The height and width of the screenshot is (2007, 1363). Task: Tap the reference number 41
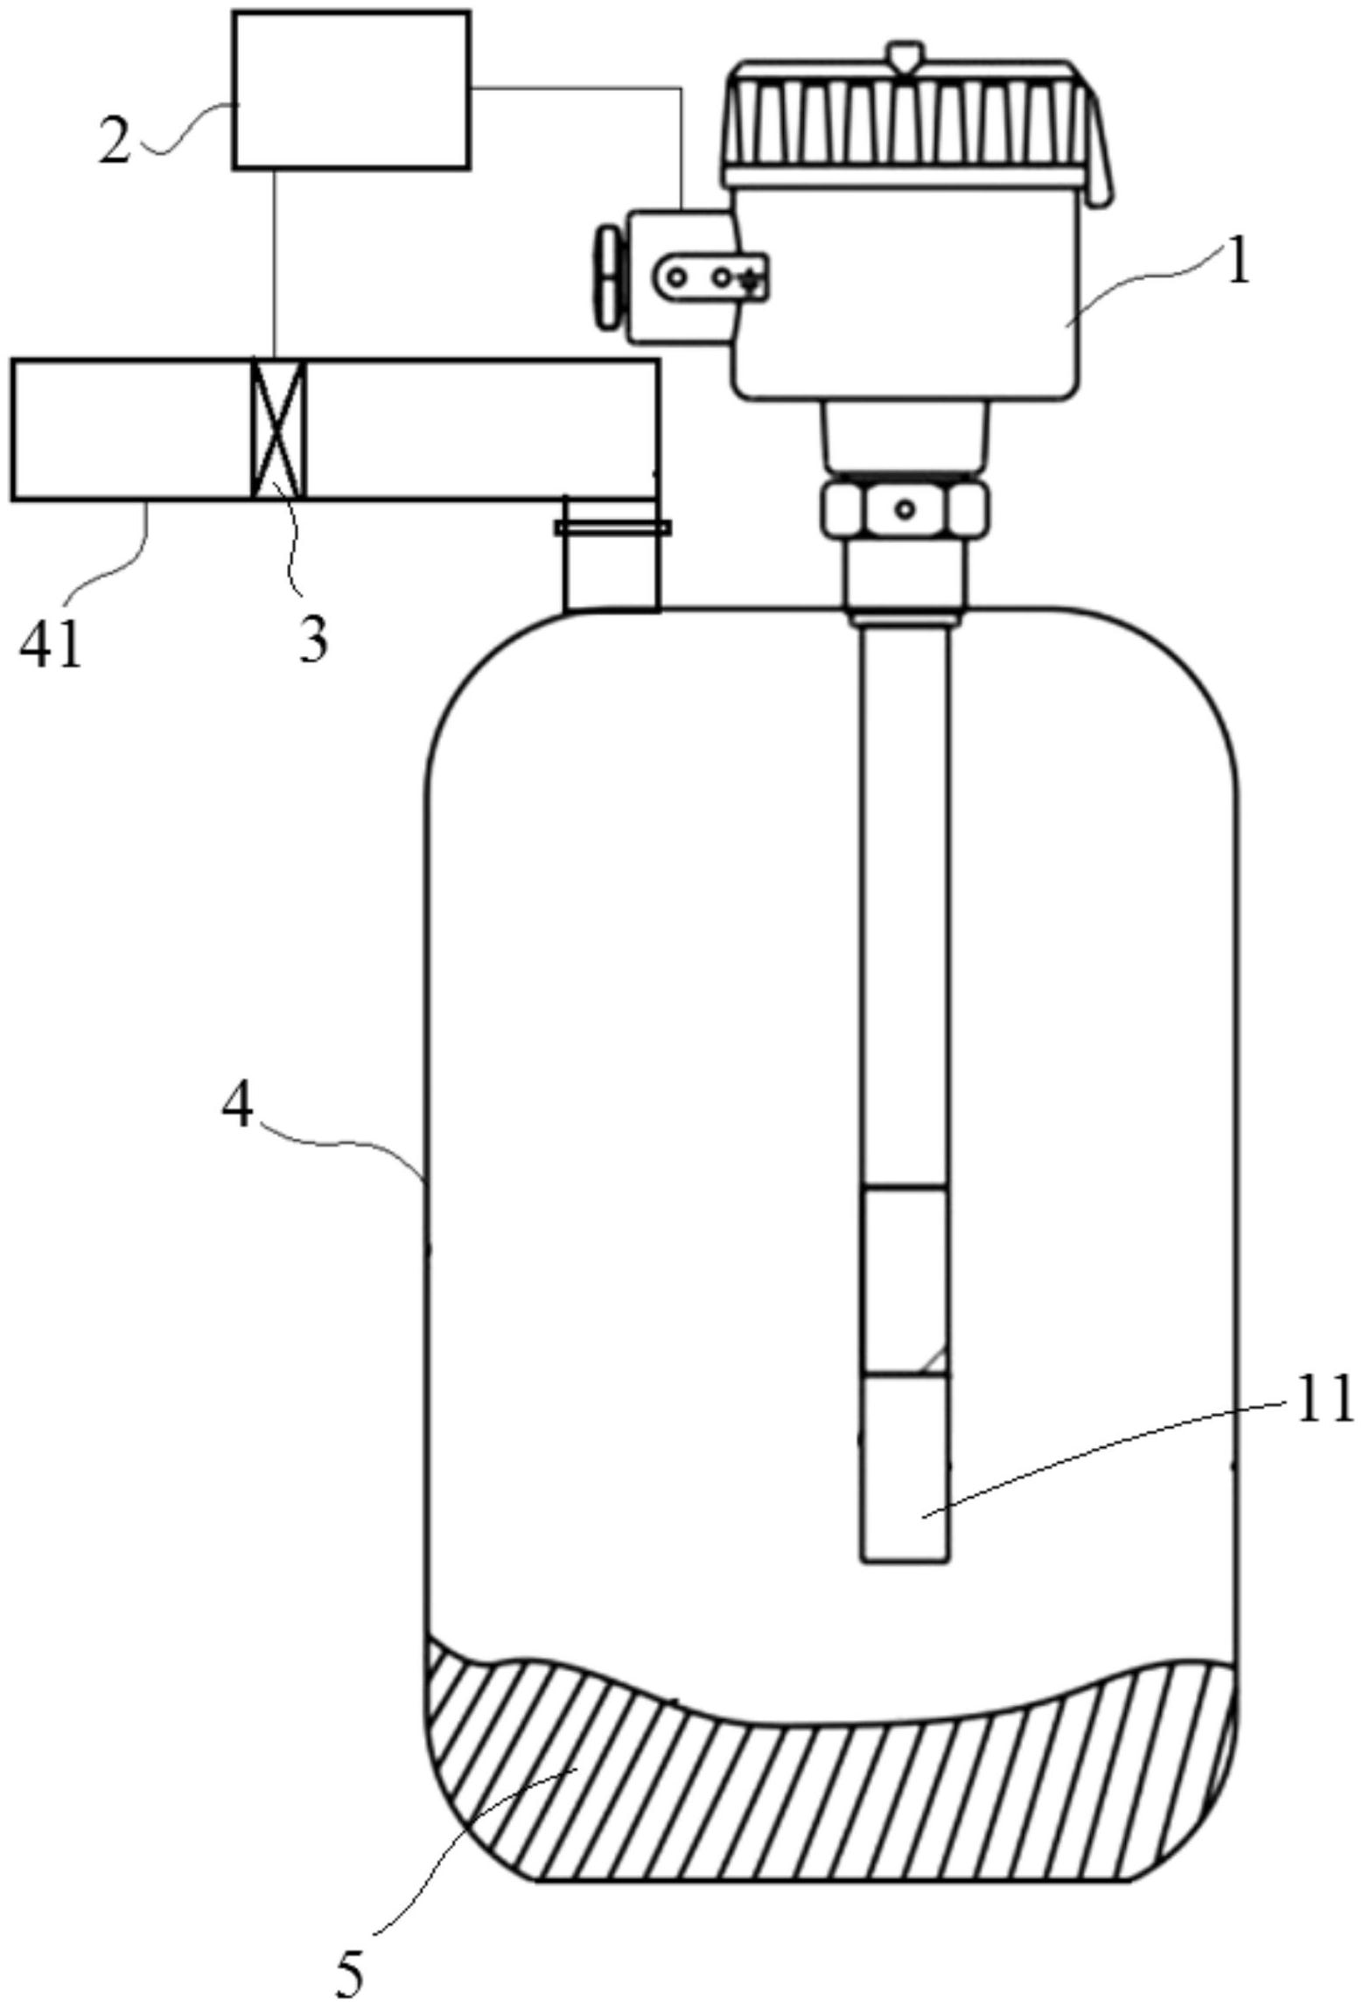tap(51, 647)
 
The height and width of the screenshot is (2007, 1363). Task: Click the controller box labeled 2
tap(352, 89)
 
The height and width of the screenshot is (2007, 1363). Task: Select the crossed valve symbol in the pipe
tap(278, 430)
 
